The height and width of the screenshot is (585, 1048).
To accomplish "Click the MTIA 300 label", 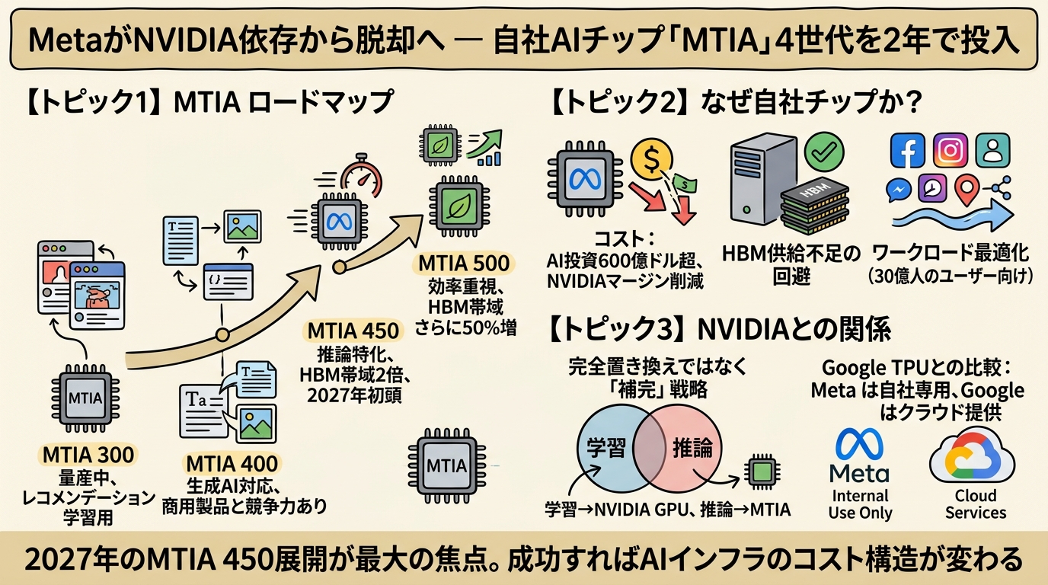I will point(88,456).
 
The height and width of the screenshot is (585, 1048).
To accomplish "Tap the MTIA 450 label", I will point(353,331).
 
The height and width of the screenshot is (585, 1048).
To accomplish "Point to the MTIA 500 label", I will point(464,264).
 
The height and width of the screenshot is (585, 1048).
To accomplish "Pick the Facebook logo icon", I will point(907,150).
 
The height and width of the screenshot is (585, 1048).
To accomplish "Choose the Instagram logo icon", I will point(950,150).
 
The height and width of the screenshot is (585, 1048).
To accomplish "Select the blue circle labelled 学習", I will point(605,447).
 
